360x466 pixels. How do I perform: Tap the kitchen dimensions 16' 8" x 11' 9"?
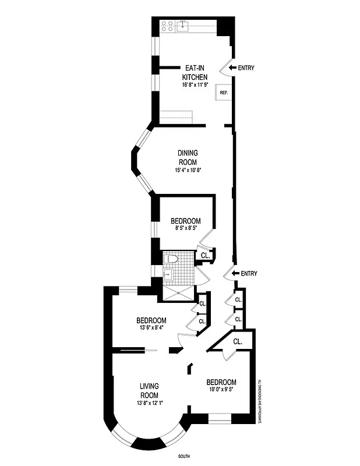195,85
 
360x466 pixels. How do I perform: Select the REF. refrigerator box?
224,93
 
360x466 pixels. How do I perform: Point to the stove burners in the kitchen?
167,26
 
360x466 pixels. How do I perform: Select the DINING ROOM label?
188,158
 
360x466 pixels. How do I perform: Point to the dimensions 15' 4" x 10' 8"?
188,171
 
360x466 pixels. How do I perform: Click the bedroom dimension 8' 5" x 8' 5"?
185,230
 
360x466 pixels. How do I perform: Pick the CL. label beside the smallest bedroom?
205,255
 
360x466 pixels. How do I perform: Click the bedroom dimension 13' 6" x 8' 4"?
151,329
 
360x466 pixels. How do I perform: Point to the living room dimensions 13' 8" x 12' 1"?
149,403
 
